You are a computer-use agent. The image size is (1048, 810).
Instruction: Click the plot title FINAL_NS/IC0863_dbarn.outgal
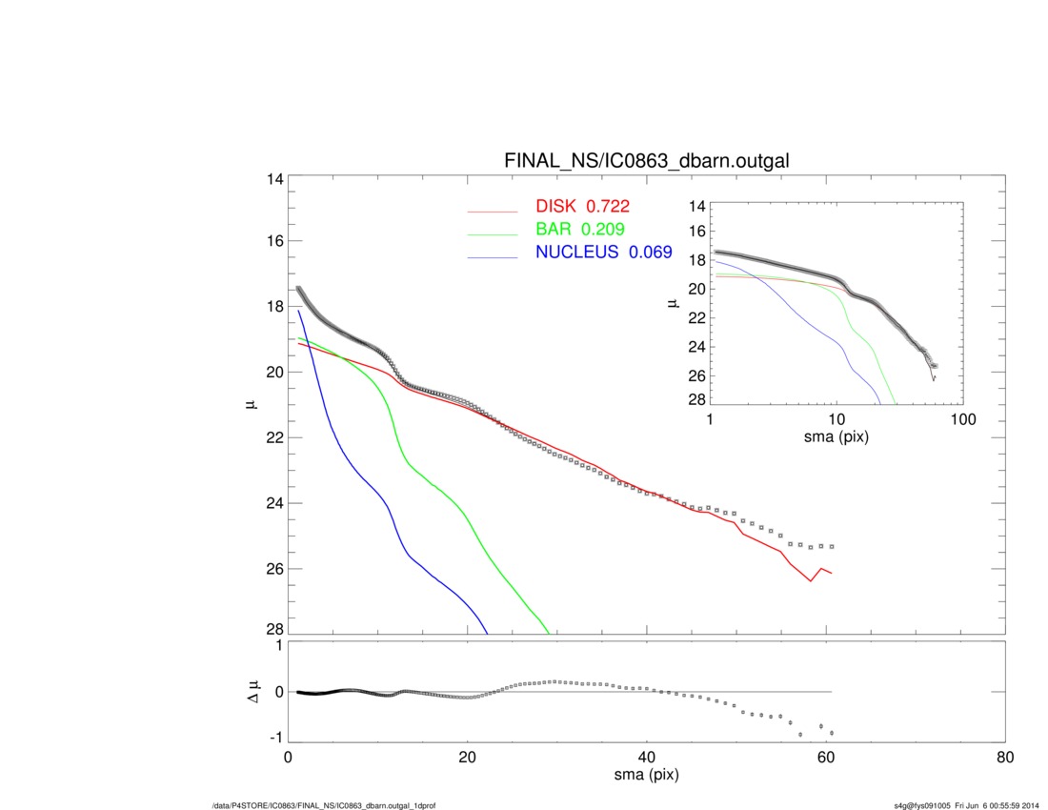pos(646,162)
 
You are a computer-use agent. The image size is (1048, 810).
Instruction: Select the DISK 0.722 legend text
pos(583,206)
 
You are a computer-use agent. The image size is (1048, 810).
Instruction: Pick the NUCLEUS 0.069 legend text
pos(602,253)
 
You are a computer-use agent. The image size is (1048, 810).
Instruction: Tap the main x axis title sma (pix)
pos(646,776)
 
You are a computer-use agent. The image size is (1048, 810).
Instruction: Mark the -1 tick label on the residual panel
pos(273,738)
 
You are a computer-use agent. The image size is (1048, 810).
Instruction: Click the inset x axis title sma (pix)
pos(836,436)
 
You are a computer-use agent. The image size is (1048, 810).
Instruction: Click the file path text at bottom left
pos(324,805)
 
